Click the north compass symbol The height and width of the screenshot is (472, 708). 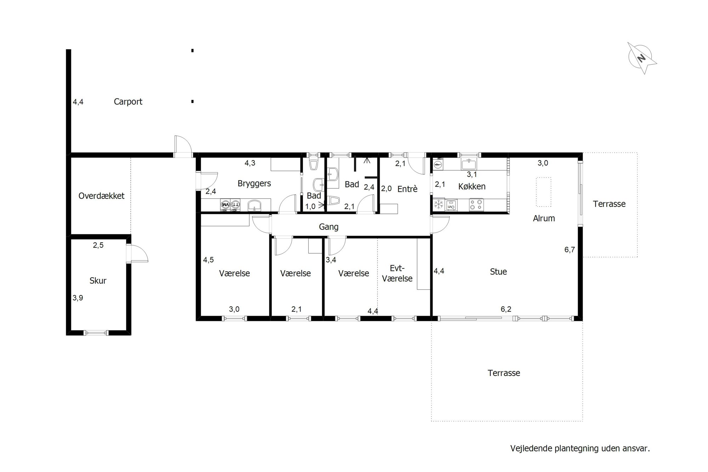642,58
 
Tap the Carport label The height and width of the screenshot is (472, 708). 128,102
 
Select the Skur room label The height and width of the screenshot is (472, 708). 98,281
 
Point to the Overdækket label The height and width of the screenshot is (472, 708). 102,196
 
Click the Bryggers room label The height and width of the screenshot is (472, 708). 254,184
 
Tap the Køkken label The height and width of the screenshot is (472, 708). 472,187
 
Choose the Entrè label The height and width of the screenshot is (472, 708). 407,189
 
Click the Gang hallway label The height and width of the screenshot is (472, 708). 329,227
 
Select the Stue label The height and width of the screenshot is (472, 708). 498,272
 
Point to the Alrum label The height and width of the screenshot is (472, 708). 544,218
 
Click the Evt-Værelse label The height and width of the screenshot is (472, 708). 397,273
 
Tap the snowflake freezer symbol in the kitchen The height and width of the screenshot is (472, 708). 439,204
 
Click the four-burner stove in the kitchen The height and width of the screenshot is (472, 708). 476,205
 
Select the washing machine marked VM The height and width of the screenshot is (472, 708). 225,204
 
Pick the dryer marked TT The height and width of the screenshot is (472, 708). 235,204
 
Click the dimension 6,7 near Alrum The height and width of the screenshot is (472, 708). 570,250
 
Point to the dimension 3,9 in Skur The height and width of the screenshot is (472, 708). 78,298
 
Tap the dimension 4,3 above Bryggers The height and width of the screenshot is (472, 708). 250,163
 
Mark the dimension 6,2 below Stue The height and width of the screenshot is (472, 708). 506,309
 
